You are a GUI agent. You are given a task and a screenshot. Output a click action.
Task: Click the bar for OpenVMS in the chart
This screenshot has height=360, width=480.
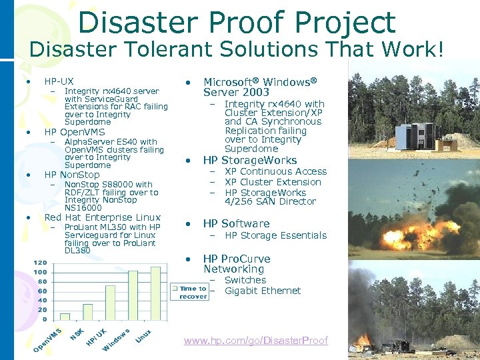tap(65, 317)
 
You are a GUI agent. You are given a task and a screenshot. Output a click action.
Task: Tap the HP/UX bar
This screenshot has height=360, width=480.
tap(110, 303)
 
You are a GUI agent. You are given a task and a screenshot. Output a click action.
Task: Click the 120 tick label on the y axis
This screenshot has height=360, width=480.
tap(40, 263)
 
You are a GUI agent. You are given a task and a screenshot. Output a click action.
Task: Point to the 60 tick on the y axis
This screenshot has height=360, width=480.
tap(42, 291)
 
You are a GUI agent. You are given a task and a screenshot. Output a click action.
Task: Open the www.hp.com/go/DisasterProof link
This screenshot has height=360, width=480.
tap(256, 341)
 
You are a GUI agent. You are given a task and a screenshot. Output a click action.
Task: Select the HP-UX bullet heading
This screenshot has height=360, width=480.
tap(59, 81)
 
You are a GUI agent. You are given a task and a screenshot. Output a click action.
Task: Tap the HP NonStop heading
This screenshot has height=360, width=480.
tap(71, 175)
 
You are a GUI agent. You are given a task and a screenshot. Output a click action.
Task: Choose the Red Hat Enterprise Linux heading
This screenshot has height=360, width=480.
tap(102, 217)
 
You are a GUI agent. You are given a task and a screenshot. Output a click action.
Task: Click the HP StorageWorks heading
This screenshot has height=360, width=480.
tap(250, 160)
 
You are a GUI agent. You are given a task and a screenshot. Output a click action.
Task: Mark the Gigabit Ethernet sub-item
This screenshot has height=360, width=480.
tap(263, 291)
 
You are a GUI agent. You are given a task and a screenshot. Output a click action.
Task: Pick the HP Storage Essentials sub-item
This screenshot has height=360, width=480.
tap(275, 235)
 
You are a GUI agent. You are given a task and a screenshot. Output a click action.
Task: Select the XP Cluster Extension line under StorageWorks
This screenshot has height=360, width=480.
tap(273, 182)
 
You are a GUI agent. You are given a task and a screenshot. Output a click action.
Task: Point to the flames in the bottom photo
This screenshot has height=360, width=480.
tap(364, 340)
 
